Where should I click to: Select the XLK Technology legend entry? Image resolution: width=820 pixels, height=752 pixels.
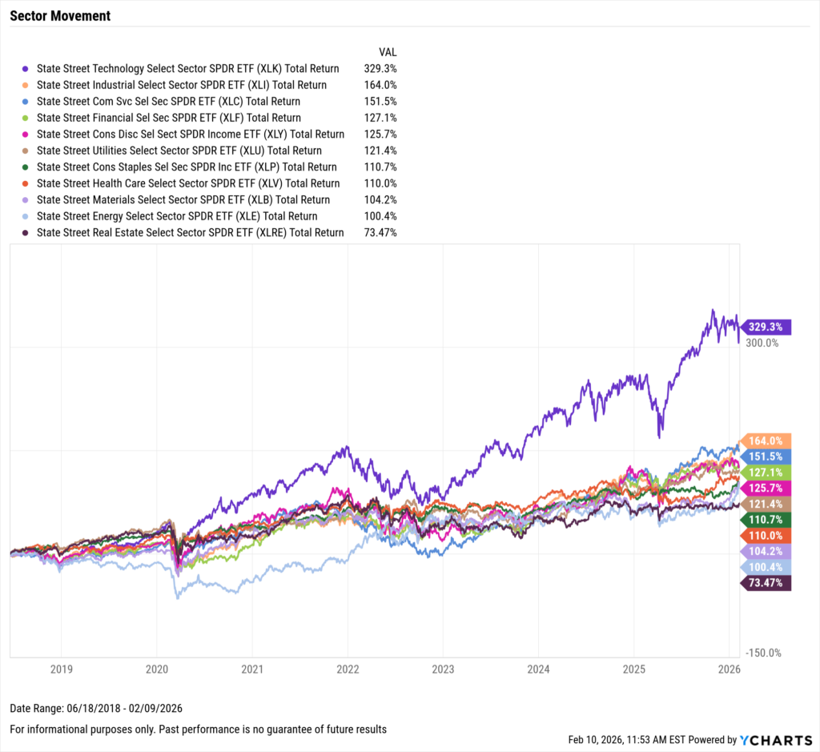187,69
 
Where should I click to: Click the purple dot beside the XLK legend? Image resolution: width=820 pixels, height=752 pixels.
26,69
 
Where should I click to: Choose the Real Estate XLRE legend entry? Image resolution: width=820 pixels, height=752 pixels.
190,233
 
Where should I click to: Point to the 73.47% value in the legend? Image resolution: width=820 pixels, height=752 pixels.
381,233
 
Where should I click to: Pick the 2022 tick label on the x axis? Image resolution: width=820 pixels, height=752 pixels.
348,668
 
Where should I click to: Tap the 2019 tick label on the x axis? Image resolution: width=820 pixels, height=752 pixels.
62,668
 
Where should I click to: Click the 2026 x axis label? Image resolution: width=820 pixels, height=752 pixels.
728,668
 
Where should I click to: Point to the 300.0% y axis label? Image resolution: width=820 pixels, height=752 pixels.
762,343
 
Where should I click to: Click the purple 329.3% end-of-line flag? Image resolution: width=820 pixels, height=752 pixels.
767,327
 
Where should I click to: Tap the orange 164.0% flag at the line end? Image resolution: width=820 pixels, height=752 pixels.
767,440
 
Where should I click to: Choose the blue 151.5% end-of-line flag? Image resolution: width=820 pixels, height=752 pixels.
767,456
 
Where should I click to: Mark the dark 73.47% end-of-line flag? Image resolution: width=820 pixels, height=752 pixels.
767,584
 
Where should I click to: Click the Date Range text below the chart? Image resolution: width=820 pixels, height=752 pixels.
90,709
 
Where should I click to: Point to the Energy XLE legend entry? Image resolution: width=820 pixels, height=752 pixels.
176,216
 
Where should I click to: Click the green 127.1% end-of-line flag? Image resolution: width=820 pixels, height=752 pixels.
767,473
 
